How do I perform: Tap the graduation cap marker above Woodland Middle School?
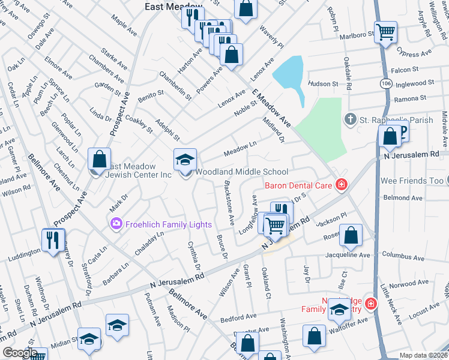[x=185, y=159]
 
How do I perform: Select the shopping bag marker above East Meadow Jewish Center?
[x=100, y=159]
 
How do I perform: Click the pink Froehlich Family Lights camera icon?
[x=115, y=224]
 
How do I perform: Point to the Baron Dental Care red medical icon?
[x=342, y=185]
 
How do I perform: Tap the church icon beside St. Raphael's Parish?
[x=352, y=120]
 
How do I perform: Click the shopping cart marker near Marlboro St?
[x=385, y=31]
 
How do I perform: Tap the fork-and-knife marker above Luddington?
[x=52, y=240]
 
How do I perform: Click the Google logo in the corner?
[x=20, y=353]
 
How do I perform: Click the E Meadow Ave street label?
[x=271, y=108]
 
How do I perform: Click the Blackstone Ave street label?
[x=229, y=203]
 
